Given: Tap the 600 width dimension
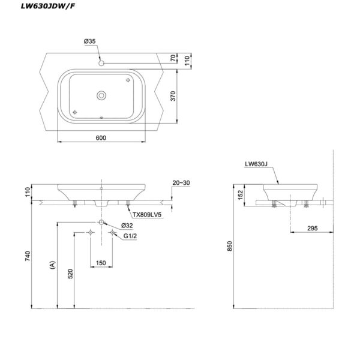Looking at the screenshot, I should [100, 138].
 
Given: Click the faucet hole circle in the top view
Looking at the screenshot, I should [101, 62].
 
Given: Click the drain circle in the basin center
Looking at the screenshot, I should [101, 94].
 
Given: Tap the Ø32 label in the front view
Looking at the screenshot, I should [127, 225].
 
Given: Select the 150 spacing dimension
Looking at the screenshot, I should [101, 262].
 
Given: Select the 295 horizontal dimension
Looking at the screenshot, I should [310, 228].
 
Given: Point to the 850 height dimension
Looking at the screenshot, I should [229, 245].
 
